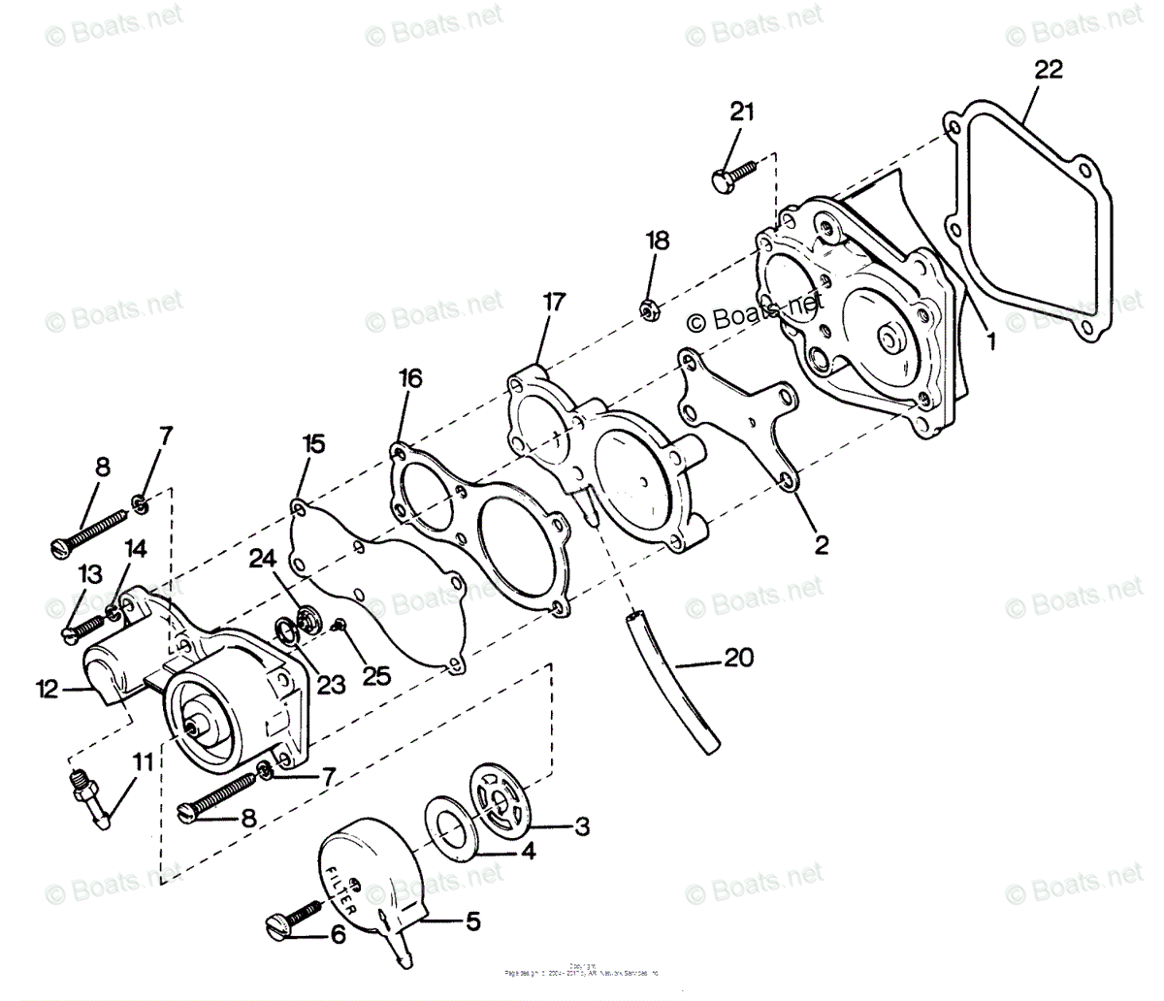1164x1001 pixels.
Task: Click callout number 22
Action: tap(1048, 69)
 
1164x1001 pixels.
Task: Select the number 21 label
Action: tap(741, 112)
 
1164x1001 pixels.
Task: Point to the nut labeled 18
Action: tap(649, 309)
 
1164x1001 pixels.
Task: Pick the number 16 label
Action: tap(409, 378)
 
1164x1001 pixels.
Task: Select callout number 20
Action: tap(739, 658)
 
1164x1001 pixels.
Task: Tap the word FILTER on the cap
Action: tap(343, 887)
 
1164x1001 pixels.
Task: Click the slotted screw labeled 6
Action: tap(292, 920)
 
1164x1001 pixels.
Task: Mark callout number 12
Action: tap(48, 690)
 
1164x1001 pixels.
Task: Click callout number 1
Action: tap(989, 340)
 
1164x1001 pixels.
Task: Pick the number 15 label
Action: tap(312, 444)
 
